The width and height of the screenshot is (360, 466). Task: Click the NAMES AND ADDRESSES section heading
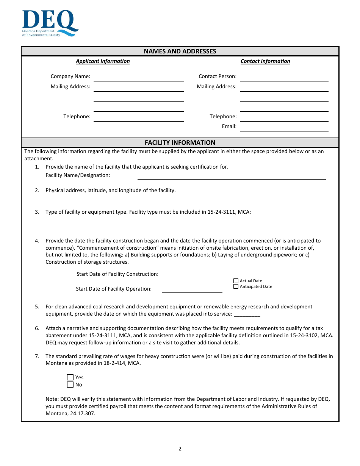point(180,51)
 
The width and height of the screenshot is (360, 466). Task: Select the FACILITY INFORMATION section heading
point(180,142)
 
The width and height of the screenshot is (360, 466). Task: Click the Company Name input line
point(139,77)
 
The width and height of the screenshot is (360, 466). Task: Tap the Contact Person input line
point(284,77)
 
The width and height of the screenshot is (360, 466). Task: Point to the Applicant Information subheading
point(103,61)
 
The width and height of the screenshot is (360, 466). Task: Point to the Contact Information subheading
point(265,61)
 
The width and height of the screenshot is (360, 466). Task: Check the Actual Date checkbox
point(236,281)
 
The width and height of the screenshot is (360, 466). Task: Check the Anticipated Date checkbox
point(236,286)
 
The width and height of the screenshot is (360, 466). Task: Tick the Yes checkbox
point(70,377)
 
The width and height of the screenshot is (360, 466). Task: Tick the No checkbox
point(70,385)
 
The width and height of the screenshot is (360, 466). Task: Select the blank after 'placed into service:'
point(247,314)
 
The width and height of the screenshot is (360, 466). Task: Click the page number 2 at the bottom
point(180,449)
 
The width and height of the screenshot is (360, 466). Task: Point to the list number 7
point(37,356)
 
